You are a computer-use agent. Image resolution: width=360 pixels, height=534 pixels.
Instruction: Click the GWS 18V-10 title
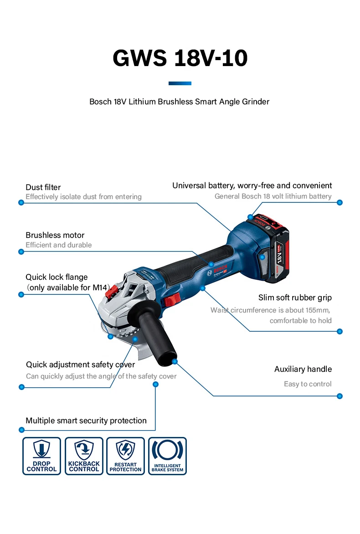[180, 58]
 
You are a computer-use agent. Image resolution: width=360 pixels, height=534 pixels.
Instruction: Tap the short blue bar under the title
[180, 83]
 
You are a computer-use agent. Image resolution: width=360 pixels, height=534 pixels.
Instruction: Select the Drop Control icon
[41, 456]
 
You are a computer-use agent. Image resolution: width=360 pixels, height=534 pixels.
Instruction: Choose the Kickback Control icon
[84, 456]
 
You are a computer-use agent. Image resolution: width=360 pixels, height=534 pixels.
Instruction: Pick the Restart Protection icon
[125, 456]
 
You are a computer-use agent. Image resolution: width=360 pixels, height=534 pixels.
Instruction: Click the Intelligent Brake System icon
[167, 456]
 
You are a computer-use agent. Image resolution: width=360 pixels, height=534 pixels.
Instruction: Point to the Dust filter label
[43, 187]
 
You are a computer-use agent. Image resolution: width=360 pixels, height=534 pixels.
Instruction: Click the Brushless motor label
[55, 235]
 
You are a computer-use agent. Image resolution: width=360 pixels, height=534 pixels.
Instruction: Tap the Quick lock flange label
[57, 277]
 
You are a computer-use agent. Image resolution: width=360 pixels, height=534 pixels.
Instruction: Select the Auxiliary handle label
[303, 369]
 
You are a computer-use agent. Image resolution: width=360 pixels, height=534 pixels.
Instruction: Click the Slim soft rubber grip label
[295, 298]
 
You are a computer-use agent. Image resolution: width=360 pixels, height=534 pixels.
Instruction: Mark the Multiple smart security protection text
[86, 421]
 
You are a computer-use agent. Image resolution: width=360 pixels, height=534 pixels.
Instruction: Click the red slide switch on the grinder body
[172, 300]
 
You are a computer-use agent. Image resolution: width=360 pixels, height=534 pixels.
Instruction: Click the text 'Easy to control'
[308, 384]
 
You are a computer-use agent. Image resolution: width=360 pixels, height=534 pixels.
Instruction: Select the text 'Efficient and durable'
[58, 245]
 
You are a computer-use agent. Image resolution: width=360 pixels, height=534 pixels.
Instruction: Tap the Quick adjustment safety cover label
[80, 365]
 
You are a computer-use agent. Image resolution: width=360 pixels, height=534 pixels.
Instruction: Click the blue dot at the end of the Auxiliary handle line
[339, 396]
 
